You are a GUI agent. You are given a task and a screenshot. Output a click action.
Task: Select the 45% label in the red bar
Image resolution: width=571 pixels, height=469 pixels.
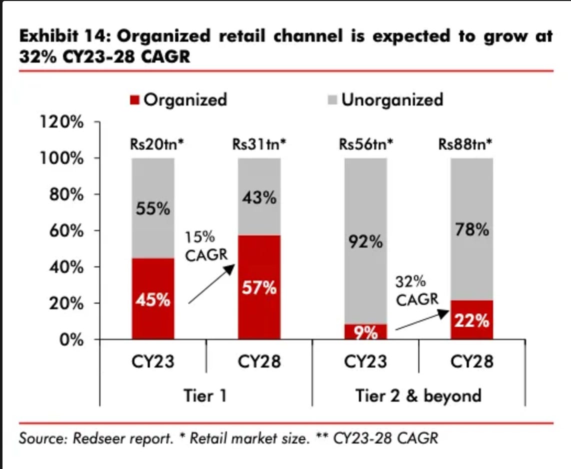(153, 301)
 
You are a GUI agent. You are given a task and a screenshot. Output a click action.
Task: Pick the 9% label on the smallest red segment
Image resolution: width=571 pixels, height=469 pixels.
(366, 332)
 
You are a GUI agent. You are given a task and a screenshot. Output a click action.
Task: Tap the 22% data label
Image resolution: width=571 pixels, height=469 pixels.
(472, 320)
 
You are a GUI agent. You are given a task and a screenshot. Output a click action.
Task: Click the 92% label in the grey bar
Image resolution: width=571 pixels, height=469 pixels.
(366, 243)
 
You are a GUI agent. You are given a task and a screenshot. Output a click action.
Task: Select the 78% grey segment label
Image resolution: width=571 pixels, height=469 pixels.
(472, 230)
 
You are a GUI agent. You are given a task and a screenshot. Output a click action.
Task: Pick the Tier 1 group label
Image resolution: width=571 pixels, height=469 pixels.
(206, 395)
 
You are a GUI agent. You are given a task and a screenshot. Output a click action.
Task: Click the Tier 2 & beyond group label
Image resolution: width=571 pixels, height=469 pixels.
(418, 395)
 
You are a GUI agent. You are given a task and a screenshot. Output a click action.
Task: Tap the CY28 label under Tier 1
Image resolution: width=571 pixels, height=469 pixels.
(259, 361)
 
